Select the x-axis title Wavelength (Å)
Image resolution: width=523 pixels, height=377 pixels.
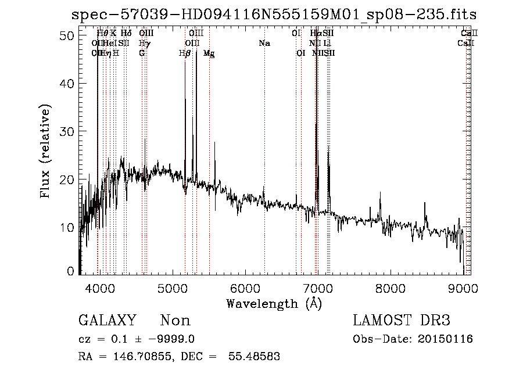pyautogui.click(x=274, y=303)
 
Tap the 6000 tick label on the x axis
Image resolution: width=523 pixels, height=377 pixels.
pyautogui.click(x=245, y=288)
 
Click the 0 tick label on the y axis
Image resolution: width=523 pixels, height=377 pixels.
pyautogui.click(x=70, y=271)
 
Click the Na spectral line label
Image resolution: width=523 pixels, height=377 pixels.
pyautogui.click(x=264, y=43)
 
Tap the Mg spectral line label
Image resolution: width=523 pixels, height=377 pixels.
pyautogui.click(x=209, y=53)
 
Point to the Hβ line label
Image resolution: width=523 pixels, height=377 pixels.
pyautogui.click(x=185, y=53)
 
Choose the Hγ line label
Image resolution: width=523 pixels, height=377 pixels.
pyautogui.click(x=144, y=43)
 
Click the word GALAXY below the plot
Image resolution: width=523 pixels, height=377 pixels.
pyautogui.click(x=108, y=321)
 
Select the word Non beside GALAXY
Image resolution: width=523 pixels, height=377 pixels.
pyautogui.click(x=175, y=321)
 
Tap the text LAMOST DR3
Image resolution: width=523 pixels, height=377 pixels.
pyautogui.click(x=402, y=321)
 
